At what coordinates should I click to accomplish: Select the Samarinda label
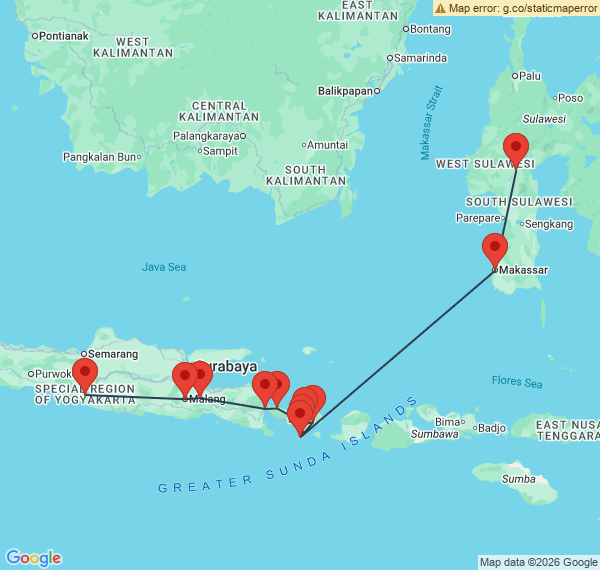coord(420,58)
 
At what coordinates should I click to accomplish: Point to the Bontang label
coord(431,28)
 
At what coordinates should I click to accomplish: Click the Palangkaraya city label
coord(209,136)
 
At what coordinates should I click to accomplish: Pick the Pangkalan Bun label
coord(98,156)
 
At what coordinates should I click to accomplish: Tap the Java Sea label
coord(164,267)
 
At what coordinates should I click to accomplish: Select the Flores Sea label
coord(517,382)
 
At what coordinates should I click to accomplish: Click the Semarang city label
coord(112,354)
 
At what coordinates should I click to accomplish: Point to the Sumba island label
coord(517,479)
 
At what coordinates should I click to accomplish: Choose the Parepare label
coord(475,217)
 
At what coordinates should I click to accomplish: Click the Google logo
coord(32,558)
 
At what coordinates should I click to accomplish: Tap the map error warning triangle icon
coord(440,7)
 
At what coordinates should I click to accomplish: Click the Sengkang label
coord(547,224)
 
